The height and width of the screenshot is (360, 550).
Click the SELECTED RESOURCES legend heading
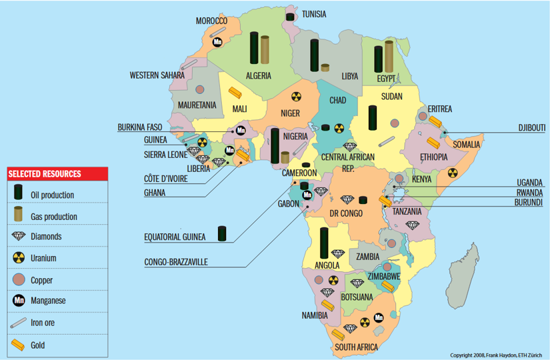tap(45, 174)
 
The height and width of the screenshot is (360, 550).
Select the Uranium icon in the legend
tap(19, 258)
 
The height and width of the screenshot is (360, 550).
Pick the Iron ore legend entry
tap(19, 323)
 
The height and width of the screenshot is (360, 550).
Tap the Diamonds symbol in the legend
tap(19, 237)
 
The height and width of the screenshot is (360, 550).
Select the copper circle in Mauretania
tap(200, 89)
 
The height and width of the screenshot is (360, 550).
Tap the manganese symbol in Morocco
tap(217, 42)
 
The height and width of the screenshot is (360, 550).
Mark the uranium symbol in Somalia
tap(453, 172)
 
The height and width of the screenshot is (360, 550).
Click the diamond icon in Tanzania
tap(411, 225)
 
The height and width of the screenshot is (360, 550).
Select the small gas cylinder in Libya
tap(325, 67)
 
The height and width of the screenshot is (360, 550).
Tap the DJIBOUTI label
tap(531, 127)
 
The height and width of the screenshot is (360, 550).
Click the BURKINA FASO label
tap(140, 127)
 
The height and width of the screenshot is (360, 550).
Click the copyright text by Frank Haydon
tap(497, 355)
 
